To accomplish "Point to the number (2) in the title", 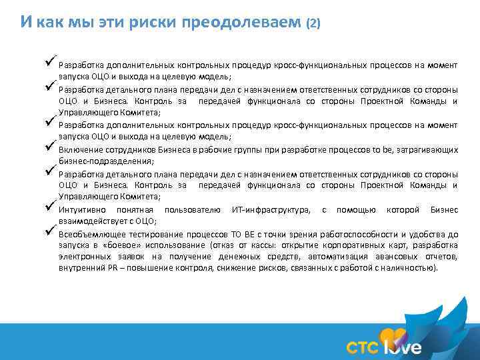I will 313,23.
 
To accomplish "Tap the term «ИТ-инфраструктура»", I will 270,211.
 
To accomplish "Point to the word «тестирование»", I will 158,234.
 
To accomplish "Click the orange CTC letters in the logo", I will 363,347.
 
